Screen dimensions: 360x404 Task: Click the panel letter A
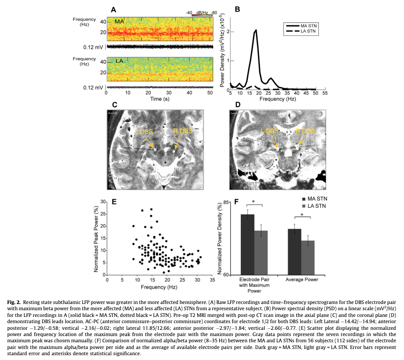(x=113, y=9)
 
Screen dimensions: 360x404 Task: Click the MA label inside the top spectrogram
(x=119, y=22)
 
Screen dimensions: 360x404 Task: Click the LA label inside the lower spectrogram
(x=119, y=61)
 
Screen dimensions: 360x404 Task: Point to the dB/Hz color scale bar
(x=202, y=15)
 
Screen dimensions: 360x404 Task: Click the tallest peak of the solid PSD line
(x=256, y=30)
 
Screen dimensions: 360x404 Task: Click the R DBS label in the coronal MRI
(x=306, y=131)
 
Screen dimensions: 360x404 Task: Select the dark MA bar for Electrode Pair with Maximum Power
(x=247, y=244)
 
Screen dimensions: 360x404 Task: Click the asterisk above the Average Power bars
(x=302, y=215)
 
